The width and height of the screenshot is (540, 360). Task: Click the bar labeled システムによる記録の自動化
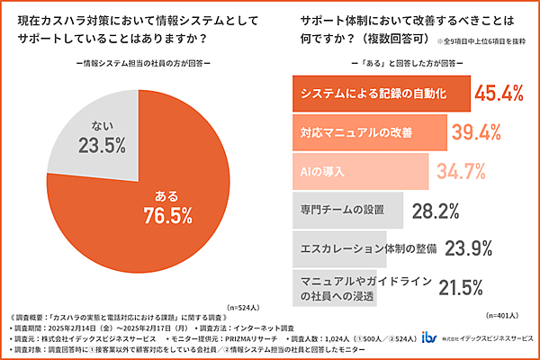pos(382,93)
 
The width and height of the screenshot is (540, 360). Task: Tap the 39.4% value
pos(476,132)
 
